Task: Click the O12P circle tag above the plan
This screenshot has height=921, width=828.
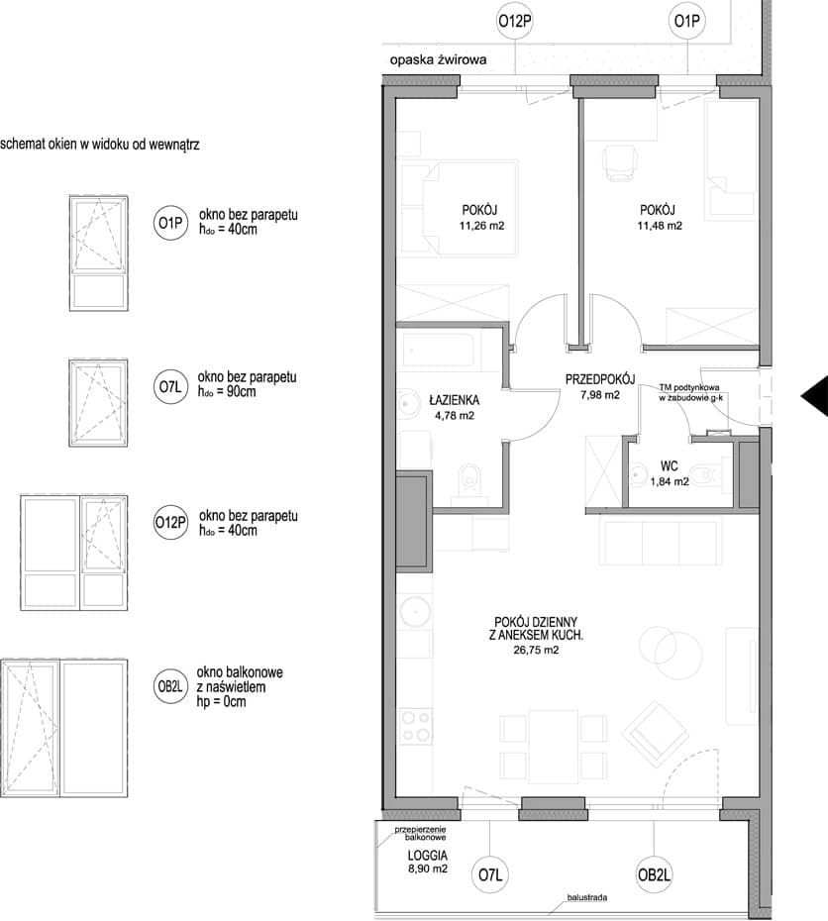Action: click(515, 21)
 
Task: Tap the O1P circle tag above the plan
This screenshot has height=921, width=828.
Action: click(686, 21)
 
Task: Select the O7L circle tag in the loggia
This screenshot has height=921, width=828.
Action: click(489, 875)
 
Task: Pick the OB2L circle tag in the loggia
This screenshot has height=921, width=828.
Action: click(654, 875)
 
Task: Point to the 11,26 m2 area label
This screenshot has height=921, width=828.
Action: click(481, 226)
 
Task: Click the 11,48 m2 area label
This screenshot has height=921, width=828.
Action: click(660, 226)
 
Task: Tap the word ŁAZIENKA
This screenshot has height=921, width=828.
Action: click(454, 400)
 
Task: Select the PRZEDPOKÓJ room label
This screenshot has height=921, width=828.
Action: click(600, 379)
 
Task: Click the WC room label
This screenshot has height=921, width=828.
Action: click(669, 466)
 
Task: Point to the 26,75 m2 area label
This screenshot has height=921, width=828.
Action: click(536, 650)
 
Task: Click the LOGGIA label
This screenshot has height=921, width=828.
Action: click(428, 856)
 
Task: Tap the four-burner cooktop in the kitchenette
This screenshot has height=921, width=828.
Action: click(415, 726)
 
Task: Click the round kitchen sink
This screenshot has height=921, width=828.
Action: click(415, 611)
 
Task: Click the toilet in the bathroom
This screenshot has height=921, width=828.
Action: click(470, 481)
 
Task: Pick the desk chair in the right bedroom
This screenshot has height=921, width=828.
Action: click(620, 162)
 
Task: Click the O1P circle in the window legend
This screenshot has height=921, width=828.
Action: click(169, 223)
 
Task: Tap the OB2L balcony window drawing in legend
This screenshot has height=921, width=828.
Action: click(64, 728)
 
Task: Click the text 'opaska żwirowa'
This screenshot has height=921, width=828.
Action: click(438, 59)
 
